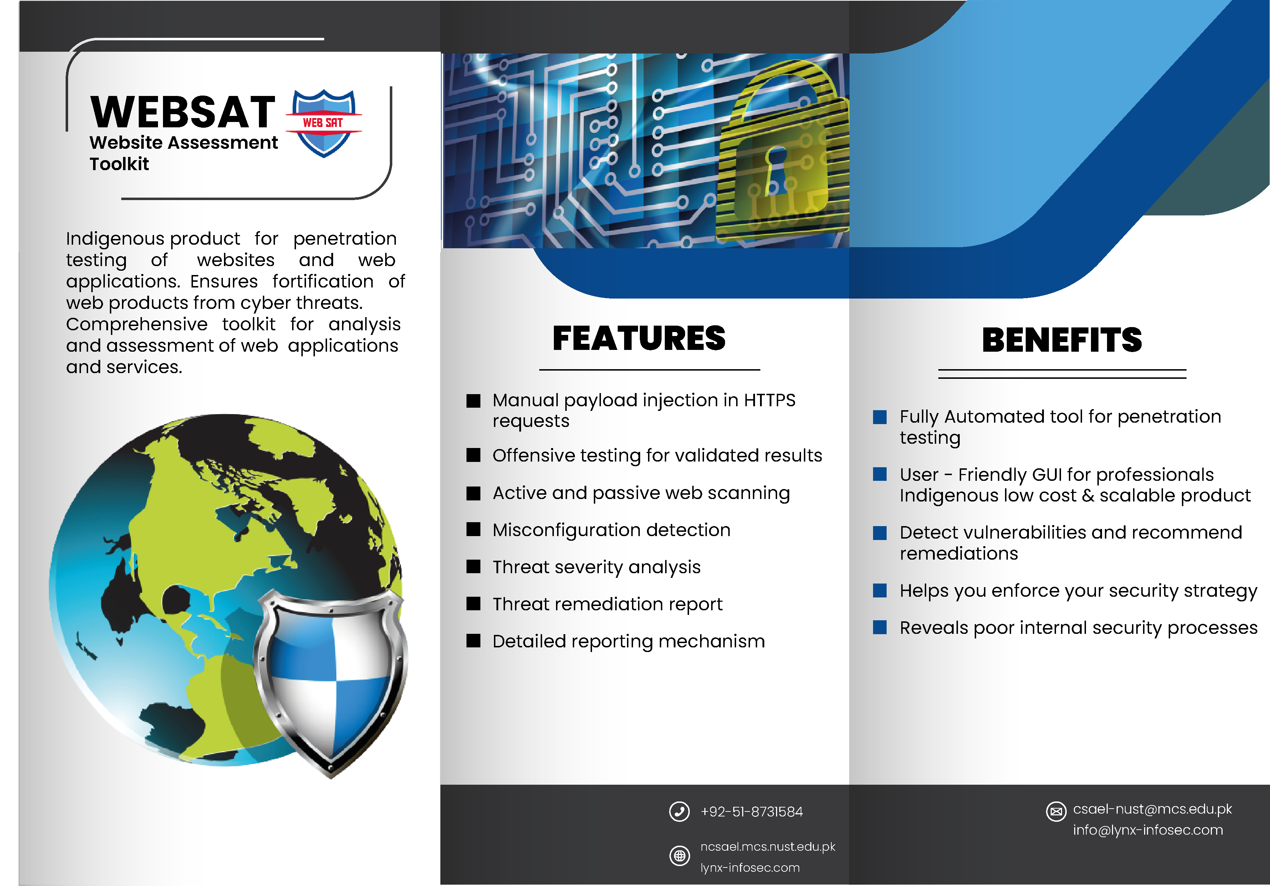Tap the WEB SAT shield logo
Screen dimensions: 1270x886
point(323,123)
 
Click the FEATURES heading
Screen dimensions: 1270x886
point(639,338)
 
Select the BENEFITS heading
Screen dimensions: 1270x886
point(1062,340)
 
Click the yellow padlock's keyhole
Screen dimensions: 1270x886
point(776,170)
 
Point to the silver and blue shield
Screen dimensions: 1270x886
point(331,682)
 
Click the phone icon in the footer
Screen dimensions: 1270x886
point(679,811)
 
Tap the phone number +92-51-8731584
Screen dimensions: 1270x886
point(751,811)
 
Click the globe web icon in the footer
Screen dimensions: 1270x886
point(679,856)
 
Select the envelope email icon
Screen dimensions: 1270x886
point(1056,811)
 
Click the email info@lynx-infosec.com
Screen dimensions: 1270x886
point(1148,830)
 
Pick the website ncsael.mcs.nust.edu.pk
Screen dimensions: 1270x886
point(768,847)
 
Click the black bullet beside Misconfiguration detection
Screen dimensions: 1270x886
point(474,529)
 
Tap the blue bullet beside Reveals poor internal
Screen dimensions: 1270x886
point(879,627)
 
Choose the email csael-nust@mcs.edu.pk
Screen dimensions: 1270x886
point(1152,809)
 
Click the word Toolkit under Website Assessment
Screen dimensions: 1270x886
point(119,164)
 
